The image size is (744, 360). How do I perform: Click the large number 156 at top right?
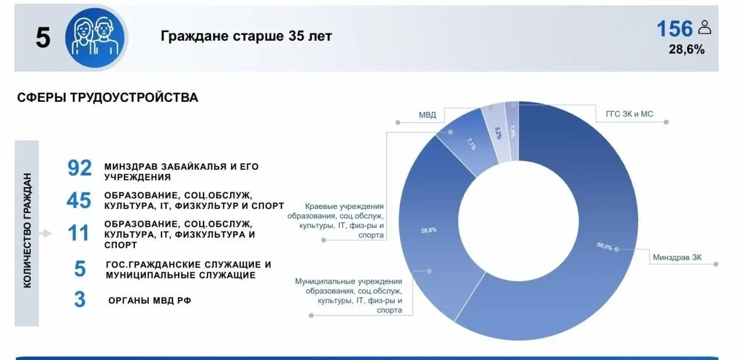click(675, 28)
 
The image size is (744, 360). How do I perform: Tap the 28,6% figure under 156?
click(686, 49)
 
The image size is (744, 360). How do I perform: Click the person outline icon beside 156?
click(704, 27)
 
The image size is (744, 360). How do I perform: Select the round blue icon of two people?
click(95, 38)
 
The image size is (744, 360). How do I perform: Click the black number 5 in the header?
click(43, 38)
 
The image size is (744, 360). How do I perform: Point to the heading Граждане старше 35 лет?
click(246, 36)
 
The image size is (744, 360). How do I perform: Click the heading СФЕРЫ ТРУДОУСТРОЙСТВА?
click(108, 97)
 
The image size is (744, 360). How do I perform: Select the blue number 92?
click(80, 168)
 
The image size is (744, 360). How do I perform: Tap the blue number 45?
click(78, 200)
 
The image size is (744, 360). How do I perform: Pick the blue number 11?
click(78, 233)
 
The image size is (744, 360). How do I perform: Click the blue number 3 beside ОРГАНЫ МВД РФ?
click(80, 299)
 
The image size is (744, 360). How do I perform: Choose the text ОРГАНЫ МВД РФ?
click(150, 301)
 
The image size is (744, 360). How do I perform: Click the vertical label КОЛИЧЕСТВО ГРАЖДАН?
click(27, 230)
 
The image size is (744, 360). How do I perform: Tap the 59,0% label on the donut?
click(604, 247)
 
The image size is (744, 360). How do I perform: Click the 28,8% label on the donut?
click(429, 230)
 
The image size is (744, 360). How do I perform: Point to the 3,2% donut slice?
click(496, 133)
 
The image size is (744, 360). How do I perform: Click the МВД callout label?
click(427, 115)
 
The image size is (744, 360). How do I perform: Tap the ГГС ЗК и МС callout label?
click(629, 114)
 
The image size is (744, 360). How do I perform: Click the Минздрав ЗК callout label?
click(677, 257)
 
